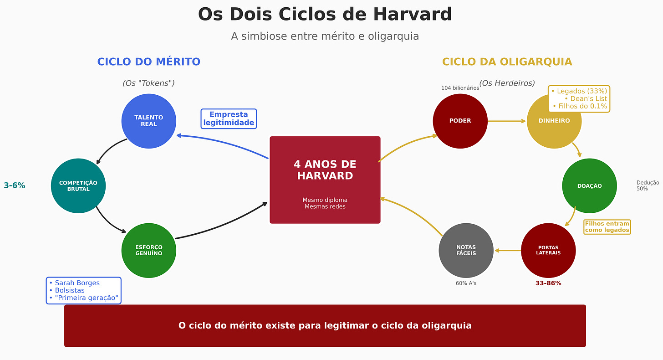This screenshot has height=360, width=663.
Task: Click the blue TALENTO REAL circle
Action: [148, 121]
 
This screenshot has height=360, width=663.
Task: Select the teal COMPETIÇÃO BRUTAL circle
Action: [78, 186]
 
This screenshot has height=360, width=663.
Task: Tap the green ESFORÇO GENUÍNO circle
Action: [148, 250]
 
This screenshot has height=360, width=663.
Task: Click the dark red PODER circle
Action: [460, 121]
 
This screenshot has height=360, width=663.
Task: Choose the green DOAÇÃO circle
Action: [589, 186]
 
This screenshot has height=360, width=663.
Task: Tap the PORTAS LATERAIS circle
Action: [548, 250]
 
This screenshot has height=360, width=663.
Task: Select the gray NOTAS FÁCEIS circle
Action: [466, 250]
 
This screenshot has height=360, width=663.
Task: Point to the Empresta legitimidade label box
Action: [229, 118]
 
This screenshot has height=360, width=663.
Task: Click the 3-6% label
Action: [15, 185]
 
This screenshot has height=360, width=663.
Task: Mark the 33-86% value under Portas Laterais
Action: [548, 283]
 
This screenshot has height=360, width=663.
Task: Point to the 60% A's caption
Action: [466, 283]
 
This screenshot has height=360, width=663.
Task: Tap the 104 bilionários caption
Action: [460, 88]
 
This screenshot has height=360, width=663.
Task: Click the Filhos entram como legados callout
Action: [607, 227]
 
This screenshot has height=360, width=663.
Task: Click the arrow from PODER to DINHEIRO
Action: [507, 121]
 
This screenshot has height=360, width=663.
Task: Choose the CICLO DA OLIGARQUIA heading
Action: [507, 62]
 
